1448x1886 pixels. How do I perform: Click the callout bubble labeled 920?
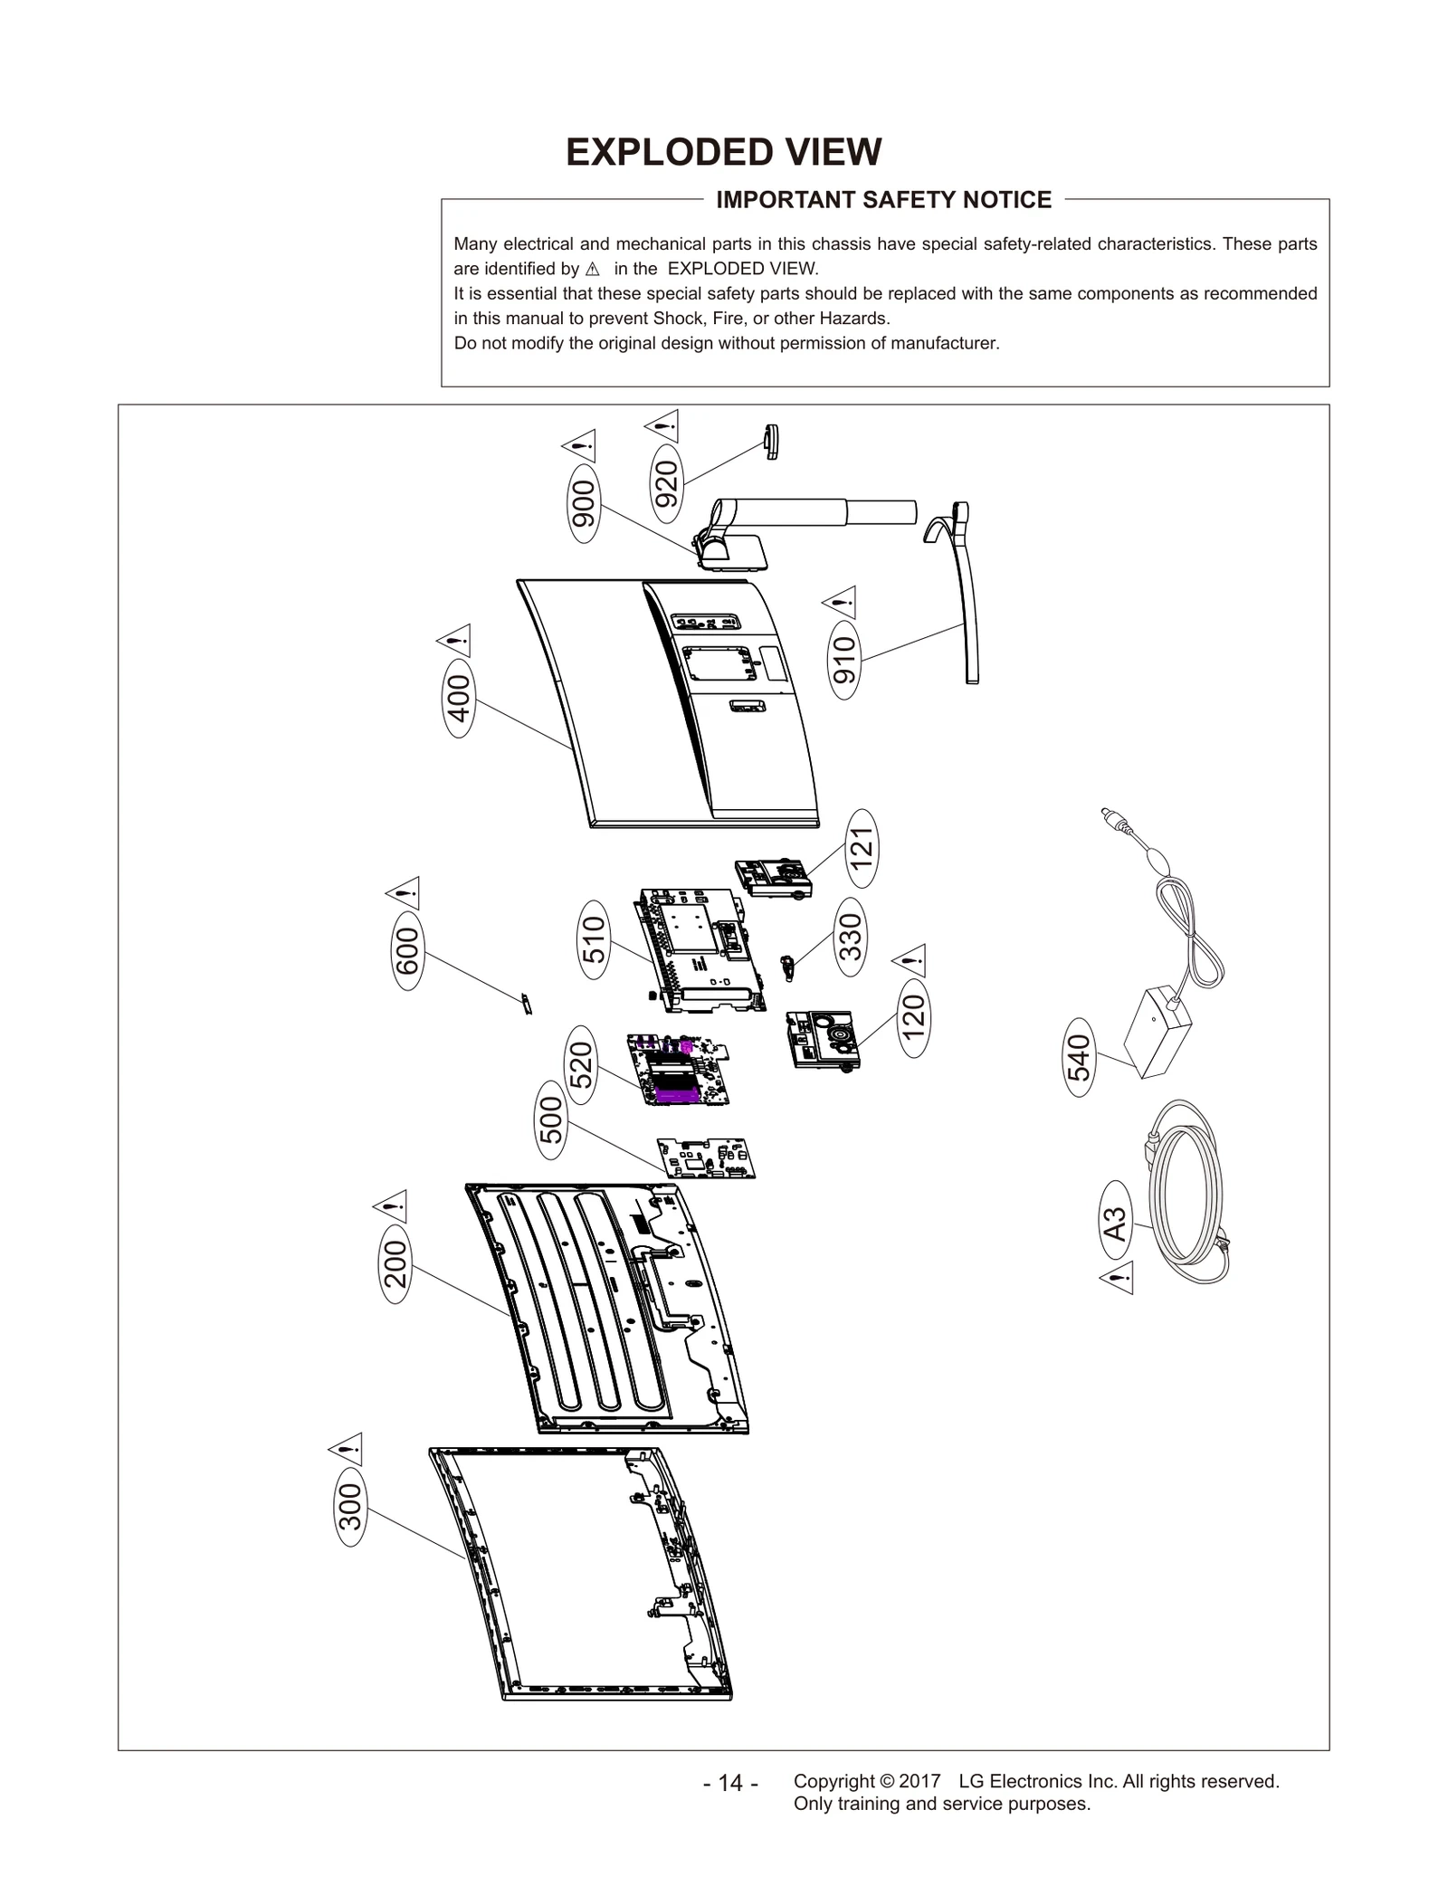click(667, 484)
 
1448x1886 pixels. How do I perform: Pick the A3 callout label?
click(1116, 1224)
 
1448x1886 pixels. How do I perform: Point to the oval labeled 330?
click(850, 937)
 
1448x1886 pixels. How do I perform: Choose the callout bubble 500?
click(551, 1120)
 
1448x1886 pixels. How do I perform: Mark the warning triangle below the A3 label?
click(1118, 1280)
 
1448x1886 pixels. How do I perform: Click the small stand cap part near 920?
click(772, 442)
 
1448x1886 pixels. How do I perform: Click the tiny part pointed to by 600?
click(526, 1004)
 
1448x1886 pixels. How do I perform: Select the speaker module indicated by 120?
click(821, 1039)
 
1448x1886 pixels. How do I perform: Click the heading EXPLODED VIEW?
click(723, 152)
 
